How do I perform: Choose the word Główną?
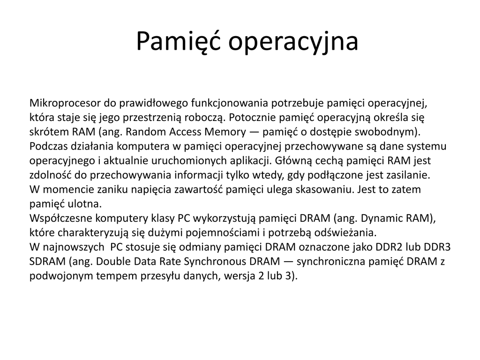click(294, 161)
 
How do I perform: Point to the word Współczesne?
click(61, 218)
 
